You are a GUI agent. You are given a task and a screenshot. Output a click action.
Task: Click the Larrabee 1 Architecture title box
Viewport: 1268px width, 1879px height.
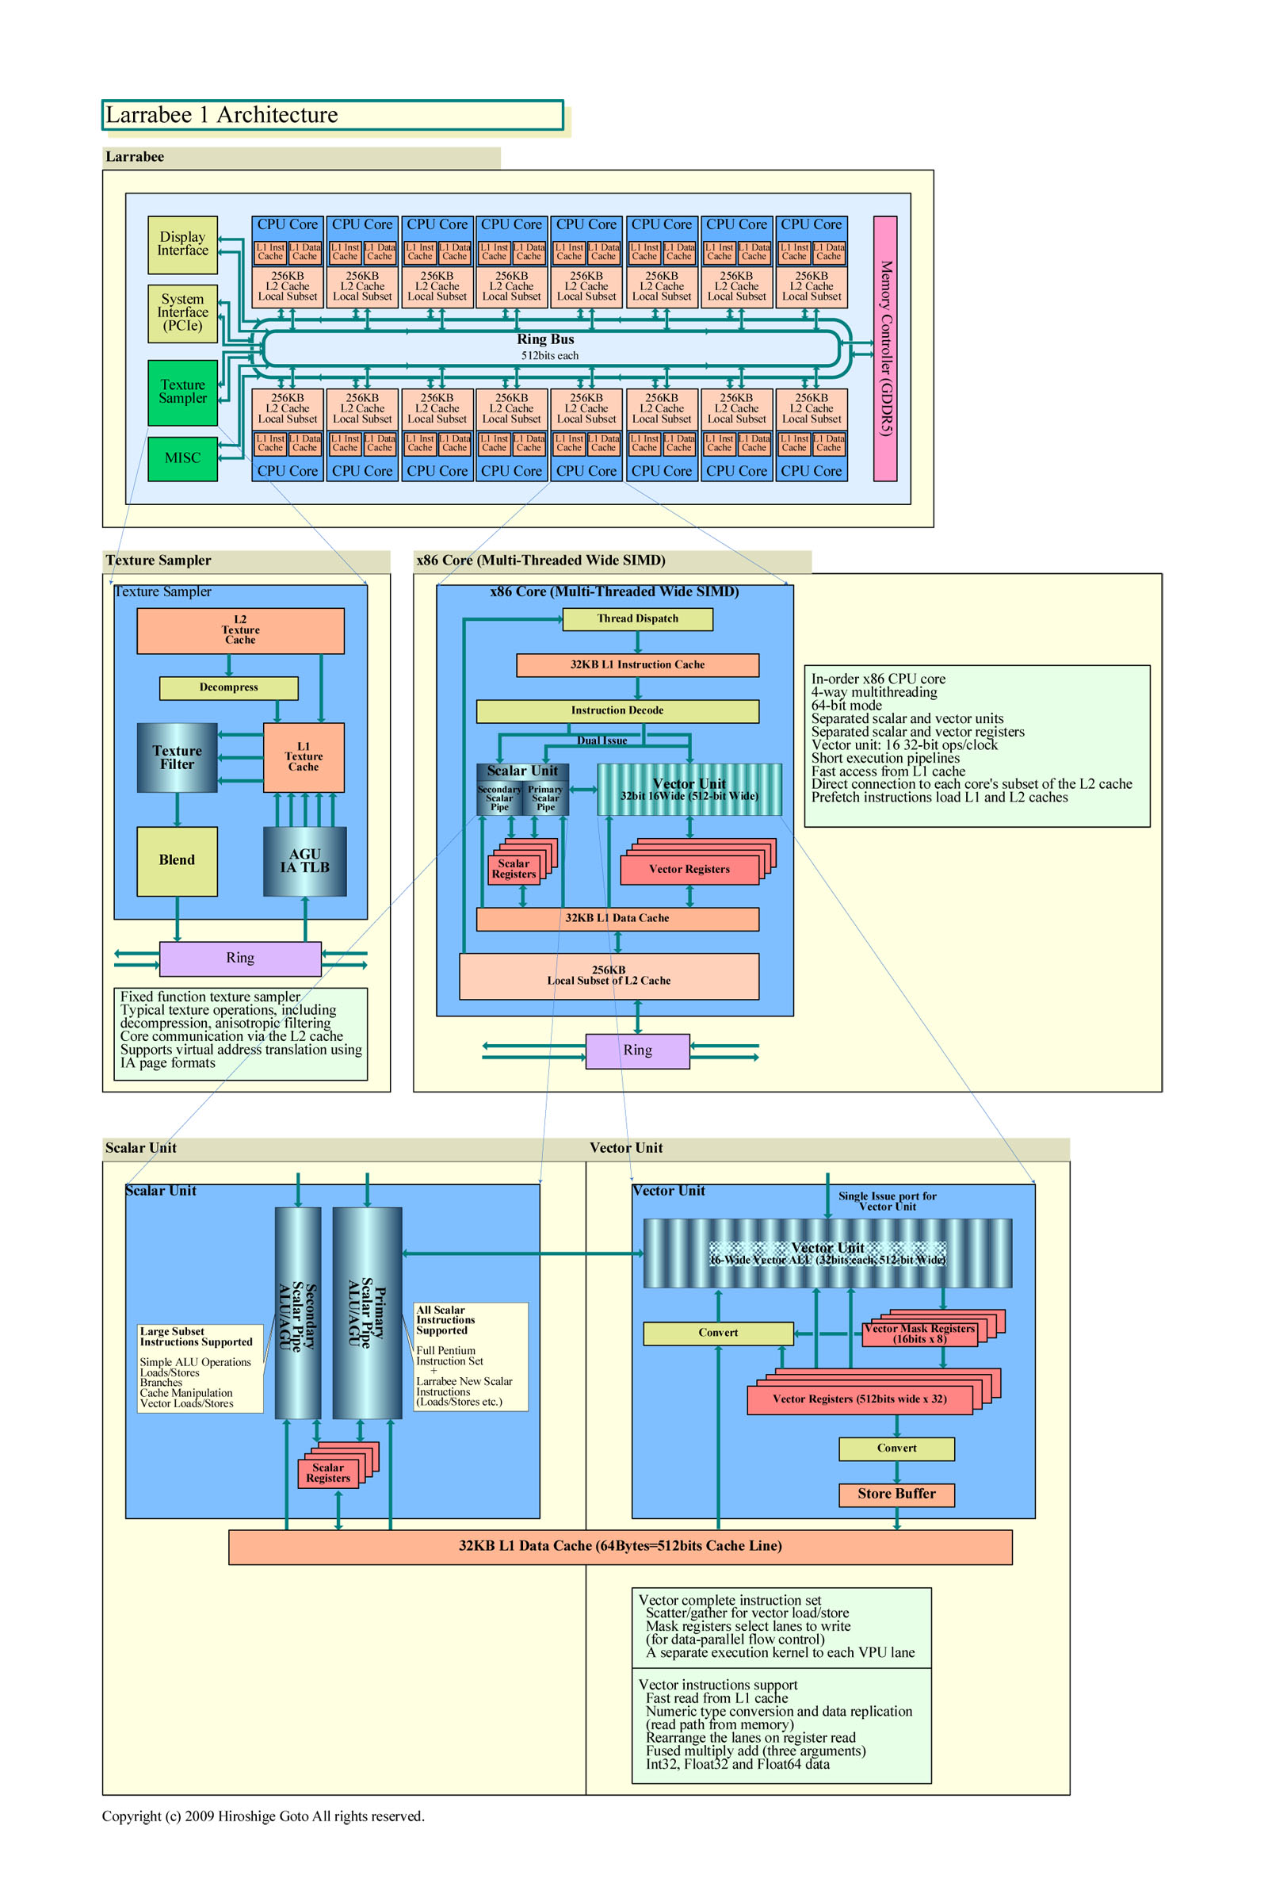click(331, 115)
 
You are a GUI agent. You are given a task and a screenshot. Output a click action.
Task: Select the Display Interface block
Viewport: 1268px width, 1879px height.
click(182, 244)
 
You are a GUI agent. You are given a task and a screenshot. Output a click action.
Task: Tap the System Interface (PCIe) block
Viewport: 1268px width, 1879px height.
click(182, 313)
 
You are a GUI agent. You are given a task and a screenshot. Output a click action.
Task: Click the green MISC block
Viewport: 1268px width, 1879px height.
click(182, 458)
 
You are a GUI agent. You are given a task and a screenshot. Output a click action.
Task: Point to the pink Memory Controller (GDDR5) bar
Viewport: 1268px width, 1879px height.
click(885, 349)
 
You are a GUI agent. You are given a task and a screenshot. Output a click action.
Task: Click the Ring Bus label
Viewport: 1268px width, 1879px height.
click(545, 339)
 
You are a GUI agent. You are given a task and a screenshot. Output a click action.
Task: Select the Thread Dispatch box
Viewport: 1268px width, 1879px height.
click(637, 618)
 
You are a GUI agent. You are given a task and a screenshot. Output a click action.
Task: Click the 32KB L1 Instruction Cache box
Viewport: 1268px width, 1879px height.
click(637, 664)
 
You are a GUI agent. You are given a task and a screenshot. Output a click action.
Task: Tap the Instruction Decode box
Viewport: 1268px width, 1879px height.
click(617, 710)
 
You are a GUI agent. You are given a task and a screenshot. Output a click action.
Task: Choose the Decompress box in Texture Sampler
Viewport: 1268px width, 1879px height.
click(229, 687)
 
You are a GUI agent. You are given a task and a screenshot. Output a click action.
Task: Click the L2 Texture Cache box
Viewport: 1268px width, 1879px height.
click(240, 630)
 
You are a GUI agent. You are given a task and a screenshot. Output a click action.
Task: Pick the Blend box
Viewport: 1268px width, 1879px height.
click(177, 860)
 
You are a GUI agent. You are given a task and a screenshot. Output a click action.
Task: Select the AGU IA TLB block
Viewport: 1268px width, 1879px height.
click(304, 860)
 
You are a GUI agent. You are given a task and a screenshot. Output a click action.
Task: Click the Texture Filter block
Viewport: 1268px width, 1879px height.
click(177, 757)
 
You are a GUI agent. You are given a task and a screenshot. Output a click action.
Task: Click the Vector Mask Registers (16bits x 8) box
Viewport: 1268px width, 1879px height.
click(919, 1334)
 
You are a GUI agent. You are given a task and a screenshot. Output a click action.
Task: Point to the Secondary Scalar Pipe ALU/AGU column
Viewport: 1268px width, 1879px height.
click(297, 1313)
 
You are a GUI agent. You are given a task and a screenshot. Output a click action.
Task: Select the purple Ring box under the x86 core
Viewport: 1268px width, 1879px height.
click(637, 1050)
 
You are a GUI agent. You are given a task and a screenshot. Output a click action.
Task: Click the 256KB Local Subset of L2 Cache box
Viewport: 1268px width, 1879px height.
click(609, 976)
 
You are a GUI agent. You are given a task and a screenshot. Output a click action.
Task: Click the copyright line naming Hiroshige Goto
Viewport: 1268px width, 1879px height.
click(262, 1816)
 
